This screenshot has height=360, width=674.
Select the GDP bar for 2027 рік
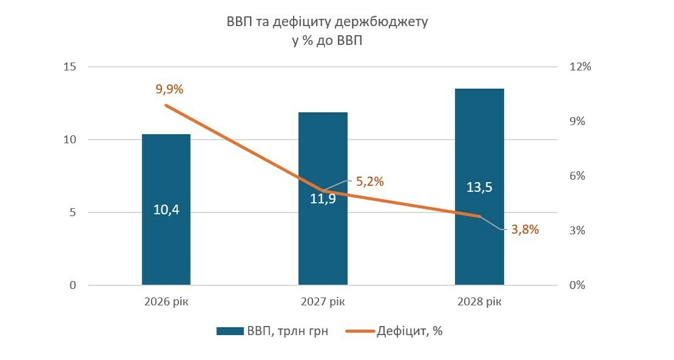323,243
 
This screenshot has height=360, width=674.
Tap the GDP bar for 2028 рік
479,243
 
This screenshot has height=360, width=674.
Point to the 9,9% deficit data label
169,89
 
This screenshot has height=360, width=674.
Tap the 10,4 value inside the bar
166,210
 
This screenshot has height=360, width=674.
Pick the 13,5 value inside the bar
479,187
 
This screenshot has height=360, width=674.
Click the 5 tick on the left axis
73,212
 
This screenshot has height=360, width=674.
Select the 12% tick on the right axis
579,67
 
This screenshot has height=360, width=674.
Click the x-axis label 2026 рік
166,302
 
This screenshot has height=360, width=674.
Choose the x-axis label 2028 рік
479,302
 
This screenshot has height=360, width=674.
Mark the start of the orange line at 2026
166,105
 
